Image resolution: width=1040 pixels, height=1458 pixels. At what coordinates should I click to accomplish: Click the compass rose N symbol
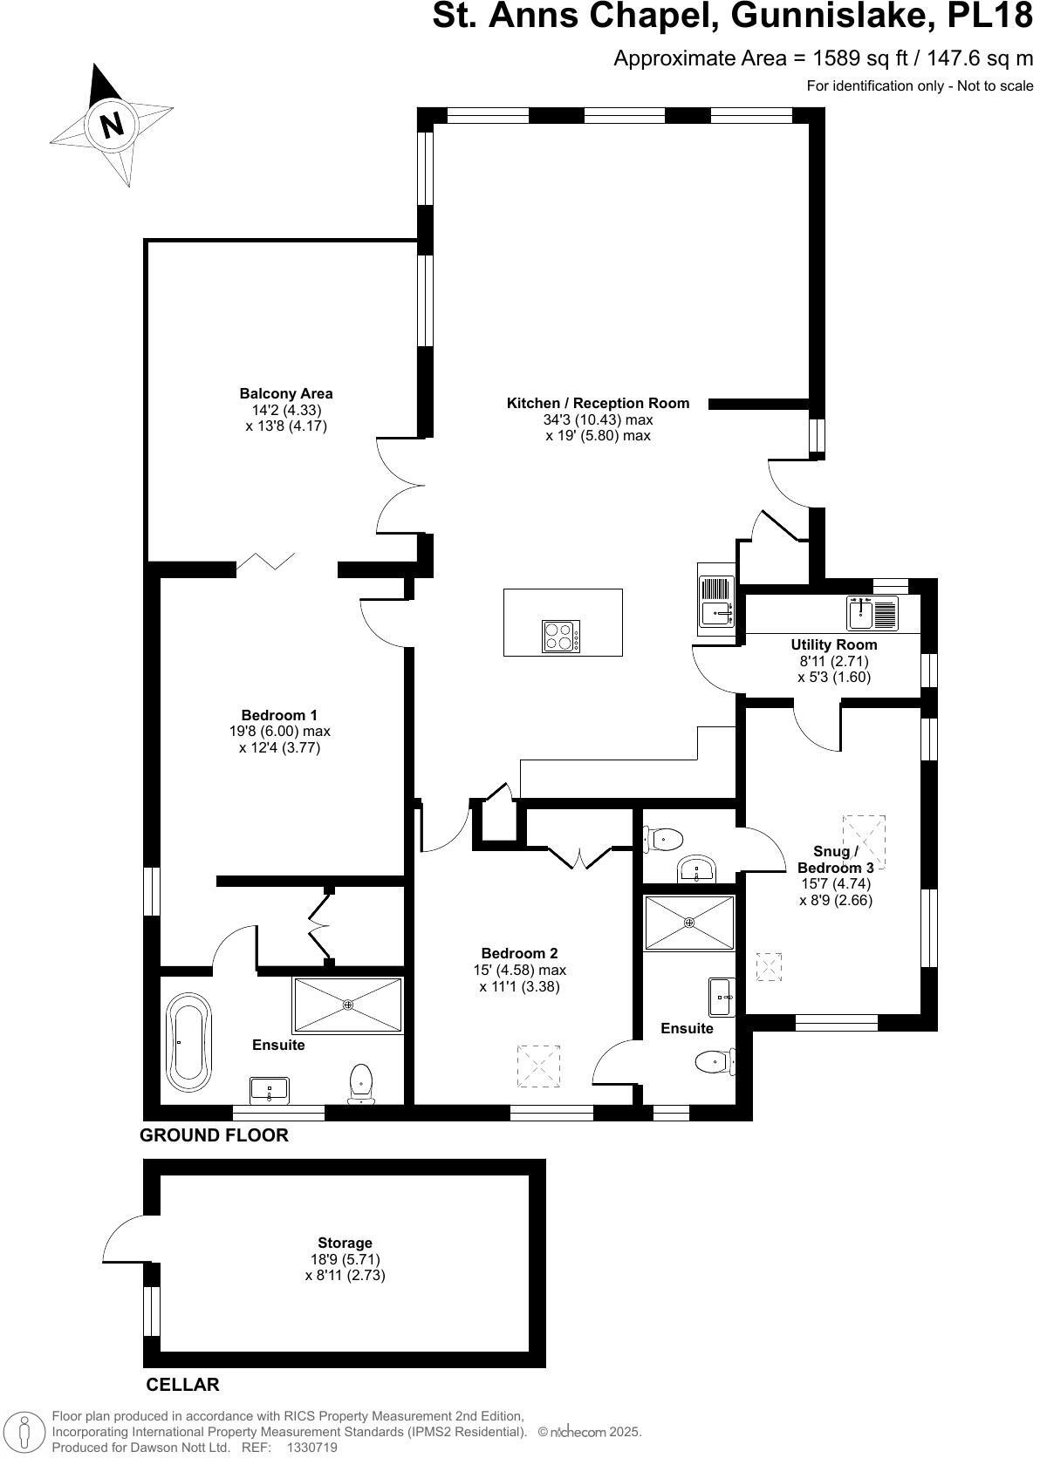point(112,125)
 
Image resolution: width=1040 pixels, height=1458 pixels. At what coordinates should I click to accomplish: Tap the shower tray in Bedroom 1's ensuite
point(348,1005)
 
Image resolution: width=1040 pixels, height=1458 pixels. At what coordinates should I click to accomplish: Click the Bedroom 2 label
point(519,953)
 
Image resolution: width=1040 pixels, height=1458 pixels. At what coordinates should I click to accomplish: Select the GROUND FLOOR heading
point(214,1135)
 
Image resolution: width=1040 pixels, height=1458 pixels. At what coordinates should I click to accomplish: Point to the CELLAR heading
point(182,1385)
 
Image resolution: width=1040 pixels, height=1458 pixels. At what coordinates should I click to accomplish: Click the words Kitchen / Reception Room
point(598,403)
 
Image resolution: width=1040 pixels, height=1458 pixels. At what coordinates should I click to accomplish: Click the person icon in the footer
point(25,1432)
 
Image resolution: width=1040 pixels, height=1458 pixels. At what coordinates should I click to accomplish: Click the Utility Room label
point(833,645)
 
